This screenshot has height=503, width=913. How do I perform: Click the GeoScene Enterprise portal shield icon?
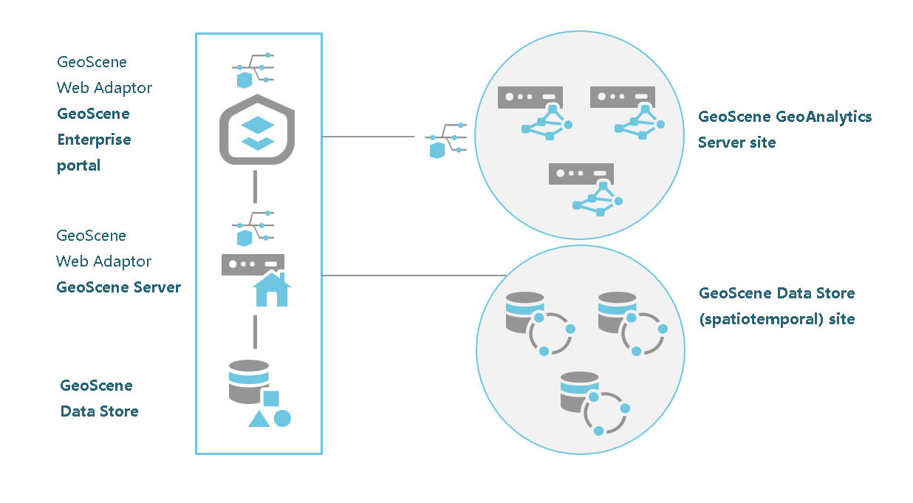coord(258,130)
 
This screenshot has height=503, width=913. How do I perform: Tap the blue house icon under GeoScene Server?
coord(271,289)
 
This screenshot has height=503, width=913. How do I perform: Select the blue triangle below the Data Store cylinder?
coord(259,420)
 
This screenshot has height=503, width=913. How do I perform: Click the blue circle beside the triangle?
coord(282,418)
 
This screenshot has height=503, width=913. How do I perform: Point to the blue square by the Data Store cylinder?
coord(271,399)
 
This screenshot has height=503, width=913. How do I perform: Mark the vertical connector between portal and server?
coord(255,186)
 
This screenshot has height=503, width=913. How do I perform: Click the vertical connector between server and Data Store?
coord(255,332)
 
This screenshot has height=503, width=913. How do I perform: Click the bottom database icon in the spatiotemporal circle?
coord(580,392)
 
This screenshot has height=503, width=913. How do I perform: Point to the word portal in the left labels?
coord(78,165)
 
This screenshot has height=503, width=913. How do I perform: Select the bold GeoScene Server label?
coord(118,287)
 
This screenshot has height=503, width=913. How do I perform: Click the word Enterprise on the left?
coord(94,140)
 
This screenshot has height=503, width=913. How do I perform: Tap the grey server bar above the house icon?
coord(253,264)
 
